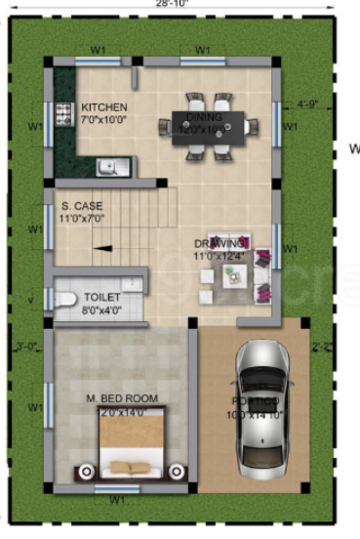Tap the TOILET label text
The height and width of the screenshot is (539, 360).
(102, 295)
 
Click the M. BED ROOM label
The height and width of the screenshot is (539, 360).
(122, 398)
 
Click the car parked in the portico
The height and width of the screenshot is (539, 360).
(262, 408)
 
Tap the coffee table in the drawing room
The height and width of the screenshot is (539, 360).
(235, 275)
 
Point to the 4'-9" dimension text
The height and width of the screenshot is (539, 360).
(308, 102)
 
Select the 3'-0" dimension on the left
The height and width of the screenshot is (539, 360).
(24, 346)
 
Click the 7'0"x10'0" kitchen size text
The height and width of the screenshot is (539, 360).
(103, 119)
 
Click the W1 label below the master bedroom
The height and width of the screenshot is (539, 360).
(117, 500)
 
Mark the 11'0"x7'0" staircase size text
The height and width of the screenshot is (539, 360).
(83, 220)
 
